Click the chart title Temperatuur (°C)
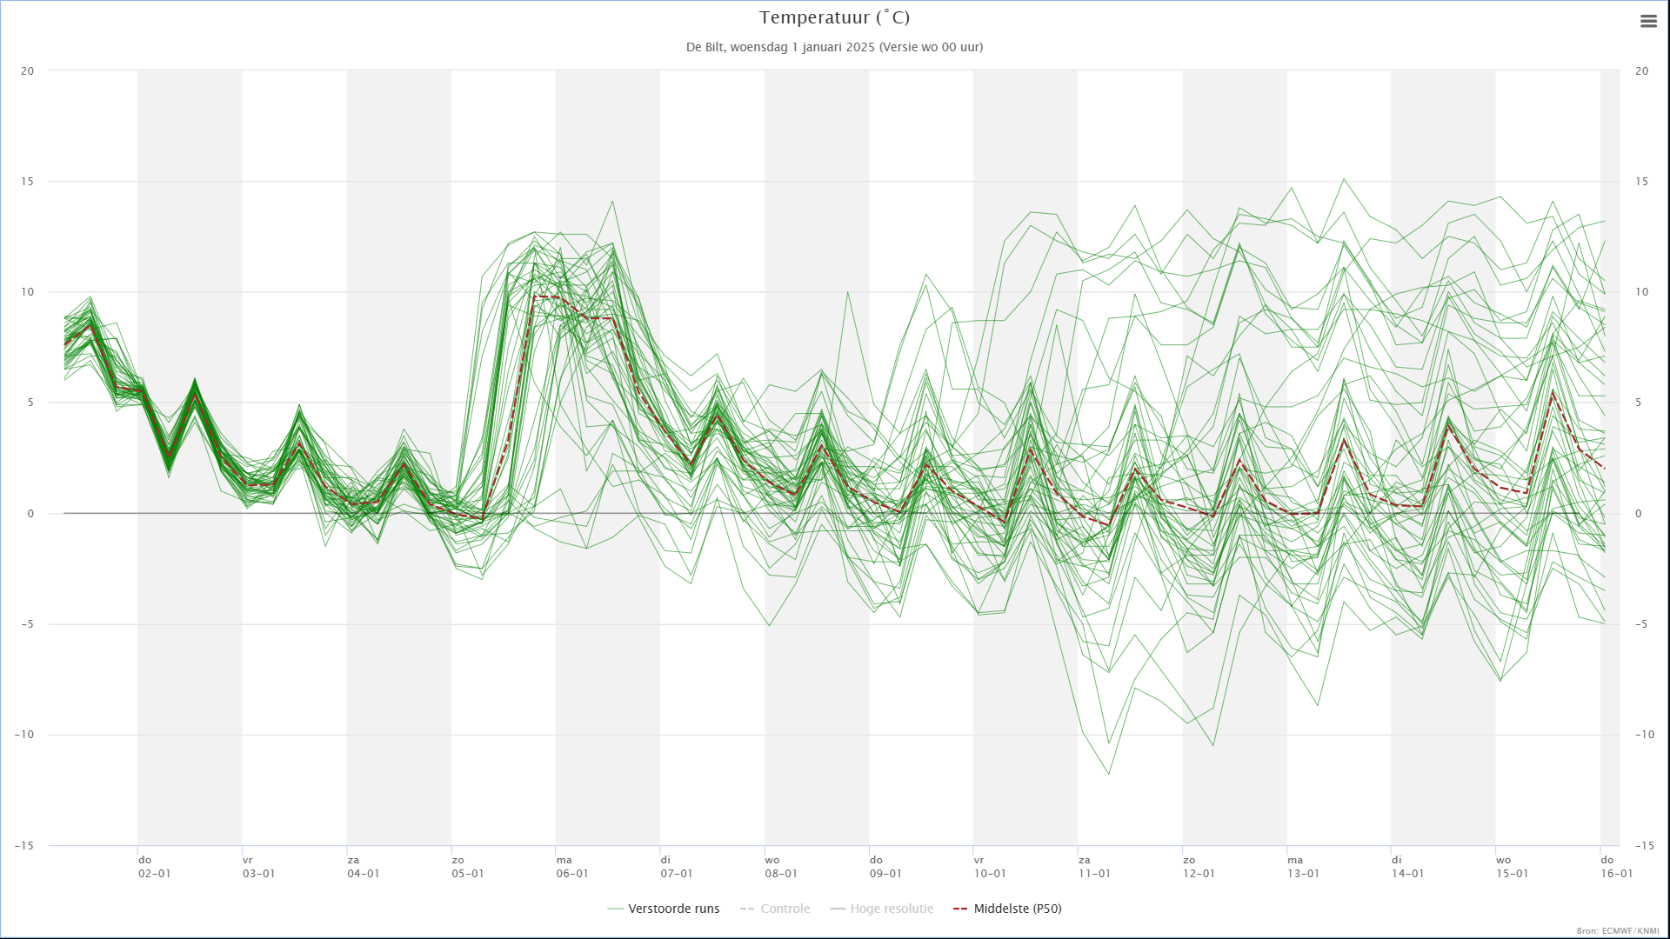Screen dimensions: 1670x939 (834, 17)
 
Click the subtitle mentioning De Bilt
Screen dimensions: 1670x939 (834, 47)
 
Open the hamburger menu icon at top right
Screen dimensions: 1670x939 (1648, 22)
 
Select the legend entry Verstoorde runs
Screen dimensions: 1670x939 (664, 909)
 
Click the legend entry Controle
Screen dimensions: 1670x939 (775, 909)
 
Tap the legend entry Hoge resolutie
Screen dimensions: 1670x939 (882, 909)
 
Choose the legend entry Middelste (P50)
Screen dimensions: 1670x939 (1007, 909)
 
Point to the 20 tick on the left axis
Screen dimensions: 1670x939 (28, 71)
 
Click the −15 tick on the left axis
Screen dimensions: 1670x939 (24, 846)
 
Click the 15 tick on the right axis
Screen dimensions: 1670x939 (1641, 182)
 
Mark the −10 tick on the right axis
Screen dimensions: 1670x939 (1644, 735)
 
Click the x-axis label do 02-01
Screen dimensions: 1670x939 (155, 867)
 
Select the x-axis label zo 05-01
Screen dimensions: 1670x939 (468, 867)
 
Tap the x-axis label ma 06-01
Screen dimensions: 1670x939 (572, 867)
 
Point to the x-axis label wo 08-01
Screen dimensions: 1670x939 (781, 867)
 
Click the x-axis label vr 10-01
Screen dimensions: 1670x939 (990, 867)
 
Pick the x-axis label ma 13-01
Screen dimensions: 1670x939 (1303, 867)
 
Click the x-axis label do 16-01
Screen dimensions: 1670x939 (1616, 867)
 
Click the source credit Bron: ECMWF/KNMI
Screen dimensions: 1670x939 (1618, 931)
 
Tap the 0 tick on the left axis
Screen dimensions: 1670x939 (31, 514)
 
